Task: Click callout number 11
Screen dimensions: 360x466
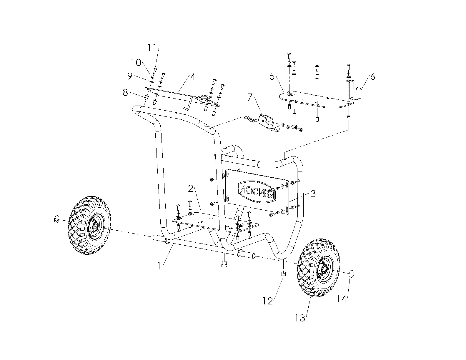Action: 152,48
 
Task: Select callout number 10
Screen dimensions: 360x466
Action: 136,62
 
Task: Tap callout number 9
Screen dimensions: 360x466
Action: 130,76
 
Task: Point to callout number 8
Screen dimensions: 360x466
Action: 126,93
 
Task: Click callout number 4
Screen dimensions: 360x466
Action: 192,77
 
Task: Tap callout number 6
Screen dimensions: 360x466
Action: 372,77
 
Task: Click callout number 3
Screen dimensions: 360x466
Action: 313,194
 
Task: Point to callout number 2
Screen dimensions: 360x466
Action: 191,189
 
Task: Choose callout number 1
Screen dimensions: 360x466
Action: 159,266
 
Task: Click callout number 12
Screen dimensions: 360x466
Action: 268,301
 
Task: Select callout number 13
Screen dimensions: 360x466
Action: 300,318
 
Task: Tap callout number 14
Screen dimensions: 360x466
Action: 341,299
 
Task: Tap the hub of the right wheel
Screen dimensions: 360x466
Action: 324,268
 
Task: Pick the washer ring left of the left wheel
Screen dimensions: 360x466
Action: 56,219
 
